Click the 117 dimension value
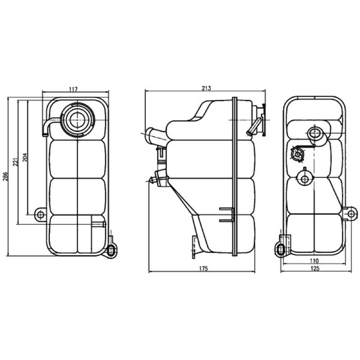73,89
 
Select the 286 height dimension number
5,176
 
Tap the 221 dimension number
15,162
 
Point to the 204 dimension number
25,157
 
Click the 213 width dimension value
206,88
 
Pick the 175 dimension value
203,268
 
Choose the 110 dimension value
314,261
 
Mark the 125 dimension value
315,268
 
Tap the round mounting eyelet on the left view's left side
40,215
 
